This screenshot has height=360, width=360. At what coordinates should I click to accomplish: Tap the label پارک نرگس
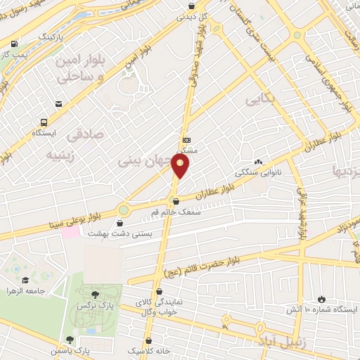pyautogui.click(x=95, y=307)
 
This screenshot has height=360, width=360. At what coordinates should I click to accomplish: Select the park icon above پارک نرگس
pyautogui.click(x=95, y=294)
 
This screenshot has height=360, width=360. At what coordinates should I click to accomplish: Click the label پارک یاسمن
pyautogui.click(x=70, y=349)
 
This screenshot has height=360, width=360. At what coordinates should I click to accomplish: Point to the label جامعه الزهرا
pyautogui.click(x=26, y=290)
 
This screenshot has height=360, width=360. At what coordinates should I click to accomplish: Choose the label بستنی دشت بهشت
pyautogui.click(x=115, y=233)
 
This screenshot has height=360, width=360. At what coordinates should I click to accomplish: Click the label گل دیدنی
pyautogui.click(x=191, y=17)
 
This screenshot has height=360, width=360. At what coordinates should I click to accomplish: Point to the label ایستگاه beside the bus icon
pyautogui.click(x=46, y=132)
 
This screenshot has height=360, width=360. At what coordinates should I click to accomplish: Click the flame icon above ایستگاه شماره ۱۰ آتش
pyautogui.click(x=322, y=298)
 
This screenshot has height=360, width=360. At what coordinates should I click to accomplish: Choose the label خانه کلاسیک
pyautogui.click(x=143, y=349)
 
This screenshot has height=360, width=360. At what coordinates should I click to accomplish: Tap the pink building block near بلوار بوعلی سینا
pyautogui.click(x=70, y=231)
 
